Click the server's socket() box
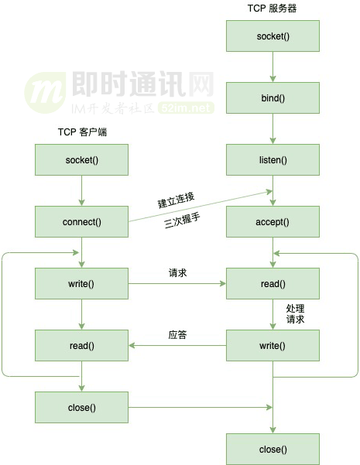pyautogui.click(x=273, y=36)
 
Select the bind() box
pyautogui.click(x=273, y=98)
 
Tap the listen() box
pyautogui.click(x=273, y=160)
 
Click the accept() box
pyautogui.click(x=273, y=221)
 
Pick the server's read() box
pyautogui.click(x=273, y=283)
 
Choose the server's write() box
pyautogui.click(x=273, y=345)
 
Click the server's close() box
pyautogui.click(x=273, y=449)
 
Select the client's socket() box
pyautogui.click(x=81, y=160)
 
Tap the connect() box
pyautogui.click(x=81, y=221)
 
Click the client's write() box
pyautogui.click(x=81, y=283)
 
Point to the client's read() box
pyautogui.click(x=81, y=345)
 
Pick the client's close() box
pyautogui.click(x=81, y=406)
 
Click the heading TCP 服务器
pyautogui.click(x=273, y=8)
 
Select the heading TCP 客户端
pyautogui.click(x=82, y=132)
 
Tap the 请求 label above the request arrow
pyautogui.click(x=178, y=273)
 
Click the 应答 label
pyautogui.click(x=178, y=335)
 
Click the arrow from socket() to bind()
pyautogui.click(x=273, y=67)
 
